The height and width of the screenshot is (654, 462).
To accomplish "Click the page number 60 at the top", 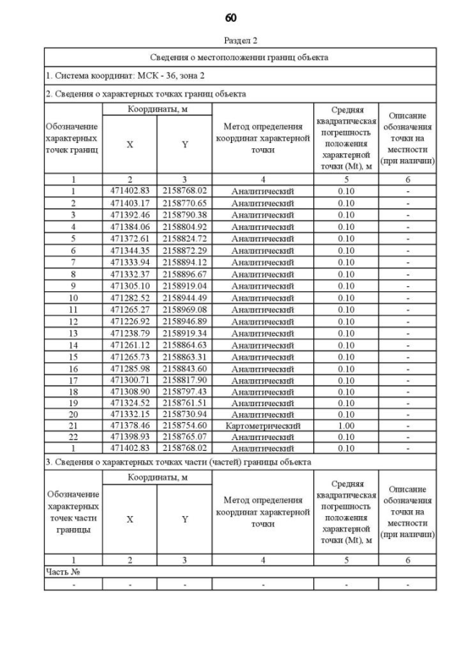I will coord(231,17).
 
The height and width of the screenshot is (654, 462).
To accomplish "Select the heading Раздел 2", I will coord(240,40).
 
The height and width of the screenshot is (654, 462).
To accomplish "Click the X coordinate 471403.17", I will coord(130,203).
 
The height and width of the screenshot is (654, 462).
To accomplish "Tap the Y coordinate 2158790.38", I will coord(185,215).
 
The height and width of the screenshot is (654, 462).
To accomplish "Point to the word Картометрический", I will coord(263,426).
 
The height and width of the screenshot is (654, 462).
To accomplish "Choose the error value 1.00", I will coord(346,426).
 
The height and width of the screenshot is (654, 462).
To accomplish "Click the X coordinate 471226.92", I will coord(130,321).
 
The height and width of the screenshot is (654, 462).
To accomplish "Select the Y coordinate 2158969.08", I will coord(185,309).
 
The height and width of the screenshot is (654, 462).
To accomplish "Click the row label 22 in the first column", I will coord(73,438).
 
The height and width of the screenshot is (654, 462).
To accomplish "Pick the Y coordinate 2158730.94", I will coord(185,415).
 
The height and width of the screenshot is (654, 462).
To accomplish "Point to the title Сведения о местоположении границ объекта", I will coord(240,56).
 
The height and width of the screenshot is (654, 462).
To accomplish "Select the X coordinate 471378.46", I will coord(130,426).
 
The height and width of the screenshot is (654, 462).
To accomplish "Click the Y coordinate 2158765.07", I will coord(185,438).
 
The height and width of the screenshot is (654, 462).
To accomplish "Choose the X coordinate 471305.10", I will coord(130,285).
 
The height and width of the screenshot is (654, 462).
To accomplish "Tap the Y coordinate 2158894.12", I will coord(185,262).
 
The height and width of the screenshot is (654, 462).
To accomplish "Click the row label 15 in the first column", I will coord(73,356).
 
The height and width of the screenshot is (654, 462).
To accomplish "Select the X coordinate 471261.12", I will coord(130,345).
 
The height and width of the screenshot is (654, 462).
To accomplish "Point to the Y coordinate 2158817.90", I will coord(185,379).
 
